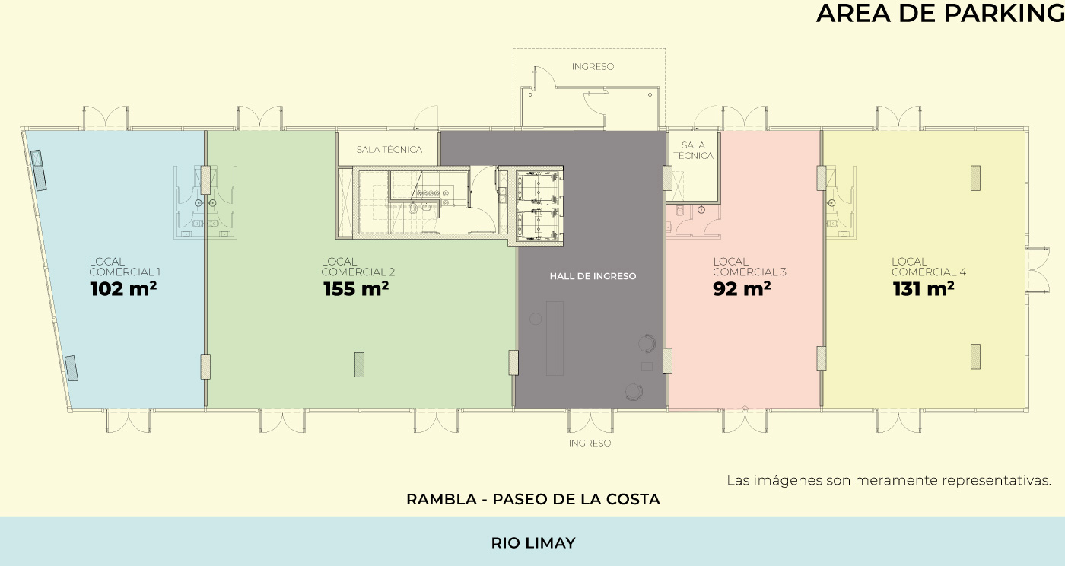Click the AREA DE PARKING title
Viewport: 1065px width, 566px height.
point(940,13)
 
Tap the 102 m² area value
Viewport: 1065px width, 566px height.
point(123,289)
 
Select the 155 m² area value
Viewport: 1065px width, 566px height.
point(356,289)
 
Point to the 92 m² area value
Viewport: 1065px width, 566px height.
point(742,289)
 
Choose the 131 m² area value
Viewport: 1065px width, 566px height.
point(924,289)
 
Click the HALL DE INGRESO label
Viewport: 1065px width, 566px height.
point(593,276)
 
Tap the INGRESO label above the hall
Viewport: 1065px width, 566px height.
point(593,67)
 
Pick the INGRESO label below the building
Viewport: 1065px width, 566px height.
point(590,443)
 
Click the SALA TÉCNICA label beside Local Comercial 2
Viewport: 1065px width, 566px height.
point(389,149)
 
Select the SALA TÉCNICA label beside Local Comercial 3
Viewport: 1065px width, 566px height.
point(693,151)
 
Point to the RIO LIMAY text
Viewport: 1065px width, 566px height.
point(533,542)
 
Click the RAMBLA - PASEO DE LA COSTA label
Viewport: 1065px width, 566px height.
point(533,499)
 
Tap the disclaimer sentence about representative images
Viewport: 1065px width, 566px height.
point(889,480)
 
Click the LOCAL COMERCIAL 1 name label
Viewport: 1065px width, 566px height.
point(125,267)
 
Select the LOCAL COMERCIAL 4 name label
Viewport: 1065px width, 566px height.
point(929,267)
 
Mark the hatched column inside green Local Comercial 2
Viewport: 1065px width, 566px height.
point(359,365)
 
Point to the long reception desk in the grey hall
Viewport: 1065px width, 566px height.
point(555,339)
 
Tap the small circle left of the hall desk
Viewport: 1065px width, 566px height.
point(536,319)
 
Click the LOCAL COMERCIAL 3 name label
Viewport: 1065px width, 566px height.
point(749,267)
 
